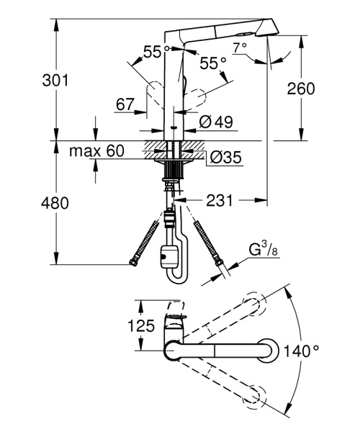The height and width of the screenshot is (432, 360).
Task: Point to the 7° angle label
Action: click(240, 48)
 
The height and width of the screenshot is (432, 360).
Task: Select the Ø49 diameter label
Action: click(214, 122)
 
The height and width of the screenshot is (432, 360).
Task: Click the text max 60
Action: click(96, 151)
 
